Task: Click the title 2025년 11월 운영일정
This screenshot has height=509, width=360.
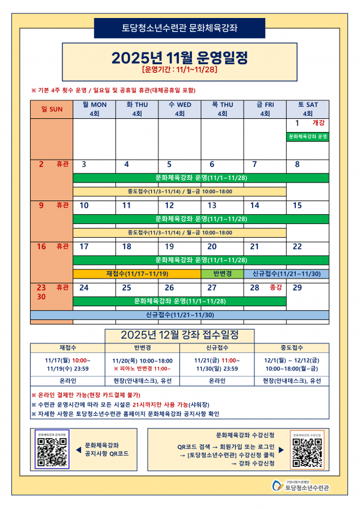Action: (x=179, y=58)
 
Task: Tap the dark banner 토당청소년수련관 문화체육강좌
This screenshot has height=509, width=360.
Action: (x=179, y=28)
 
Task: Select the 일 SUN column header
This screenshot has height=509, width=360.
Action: (x=52, y=109)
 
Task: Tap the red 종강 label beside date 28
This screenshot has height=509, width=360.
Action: (x=276, y=288)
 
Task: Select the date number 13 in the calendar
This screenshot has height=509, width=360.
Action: (x=212, y=205)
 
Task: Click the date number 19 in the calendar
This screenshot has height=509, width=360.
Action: (x=169, y=246)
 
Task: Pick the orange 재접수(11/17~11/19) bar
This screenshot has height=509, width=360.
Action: (x=137, y=274)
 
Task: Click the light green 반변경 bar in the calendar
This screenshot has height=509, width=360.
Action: (x=222, y=274)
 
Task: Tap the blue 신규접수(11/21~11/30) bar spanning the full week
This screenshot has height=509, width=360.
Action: (x=179, y=315)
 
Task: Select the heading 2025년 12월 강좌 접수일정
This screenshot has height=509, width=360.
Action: (x=180, y=334)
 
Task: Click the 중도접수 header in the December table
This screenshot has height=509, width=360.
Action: (x=292, y=348)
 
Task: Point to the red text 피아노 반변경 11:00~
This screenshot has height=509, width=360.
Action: (x=142, y=368)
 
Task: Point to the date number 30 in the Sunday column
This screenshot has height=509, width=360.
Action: (x=42, y=297)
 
